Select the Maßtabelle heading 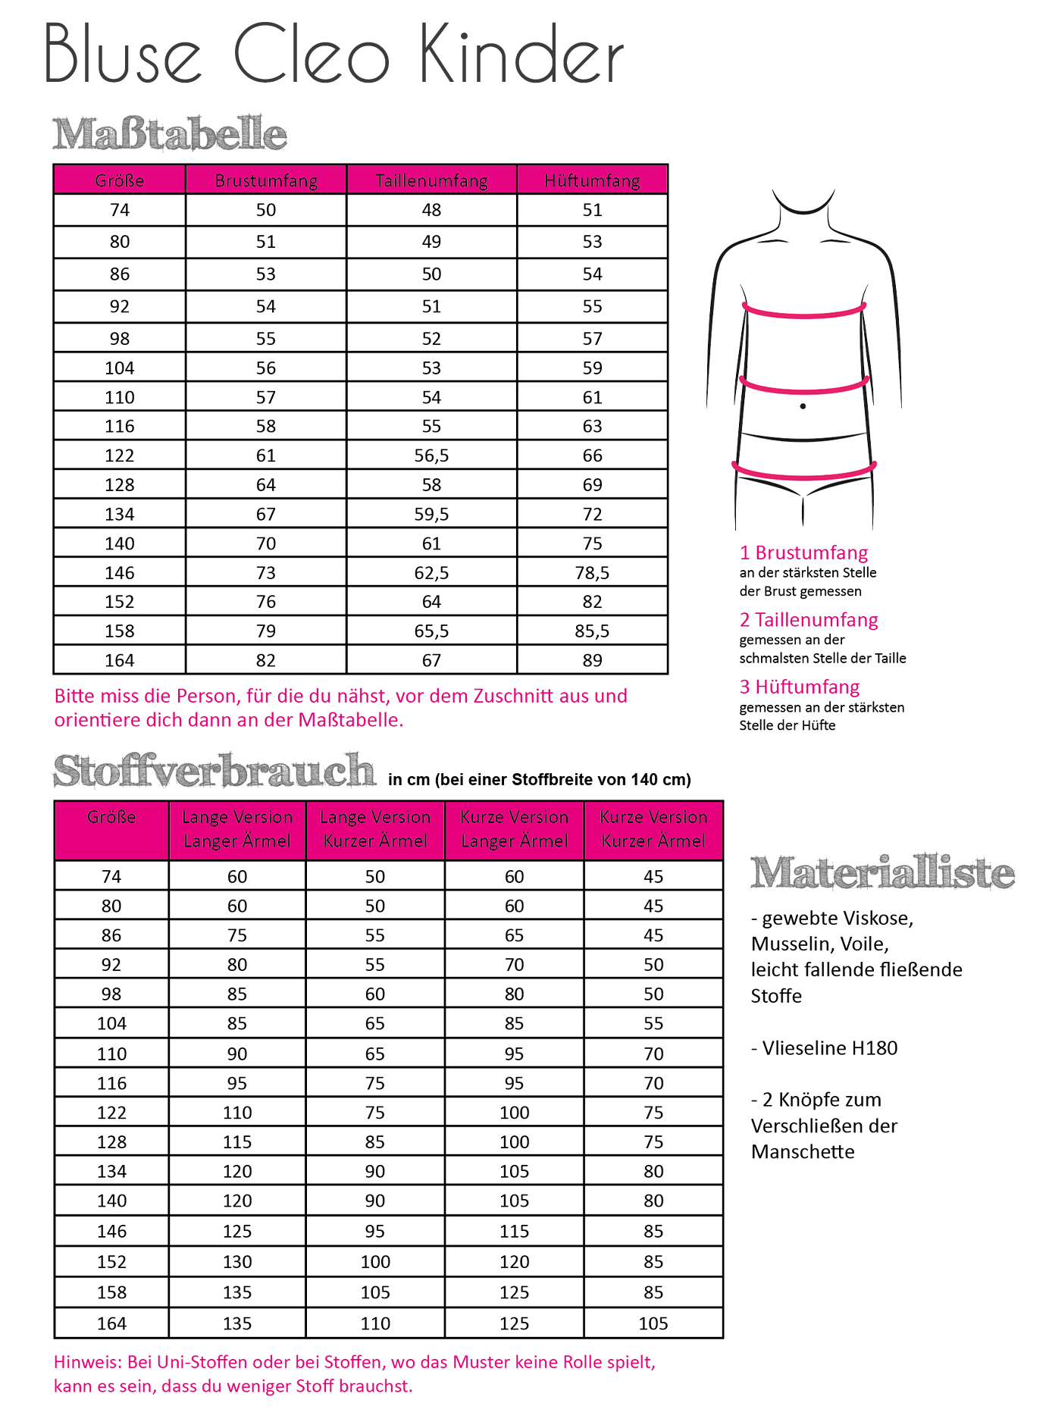click(170, 133)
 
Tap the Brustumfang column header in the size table click(266, 180)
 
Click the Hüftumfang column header click(592, 180)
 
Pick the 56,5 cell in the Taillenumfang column click(431, 456)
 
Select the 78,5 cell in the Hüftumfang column click(592, 573)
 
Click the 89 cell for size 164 click(592, 660)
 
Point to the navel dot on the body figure click(803, 406)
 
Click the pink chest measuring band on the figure click(803, 312)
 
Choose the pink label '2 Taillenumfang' click(809, 620)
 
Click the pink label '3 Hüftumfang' click(800, 687)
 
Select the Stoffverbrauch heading click(214, 771)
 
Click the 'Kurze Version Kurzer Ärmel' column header click(653, 829)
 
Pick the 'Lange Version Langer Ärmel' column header click(237, 829)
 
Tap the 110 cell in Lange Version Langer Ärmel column click(237, 1113)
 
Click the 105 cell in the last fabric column click(653, 1323)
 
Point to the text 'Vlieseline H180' click(830, 1048)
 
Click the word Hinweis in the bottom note click(87, 1362)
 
